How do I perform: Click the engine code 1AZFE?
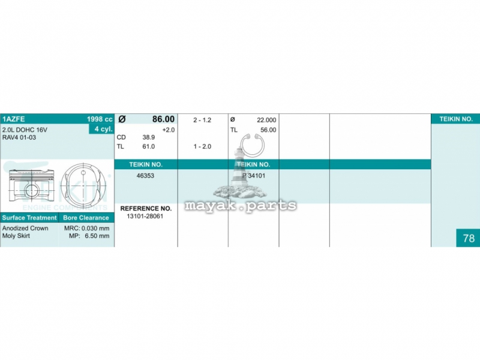(13, 119)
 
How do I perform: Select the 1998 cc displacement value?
(100, 119)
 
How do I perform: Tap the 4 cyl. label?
(103, 129)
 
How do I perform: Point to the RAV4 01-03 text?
(19, 137)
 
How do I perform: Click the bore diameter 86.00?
(163, 119)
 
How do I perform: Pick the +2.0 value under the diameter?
(169, 130)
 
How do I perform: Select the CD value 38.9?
(148, 137)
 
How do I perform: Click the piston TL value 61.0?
(148, 146)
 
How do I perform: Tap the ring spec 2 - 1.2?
(202, 120)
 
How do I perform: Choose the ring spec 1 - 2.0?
(202, 146)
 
